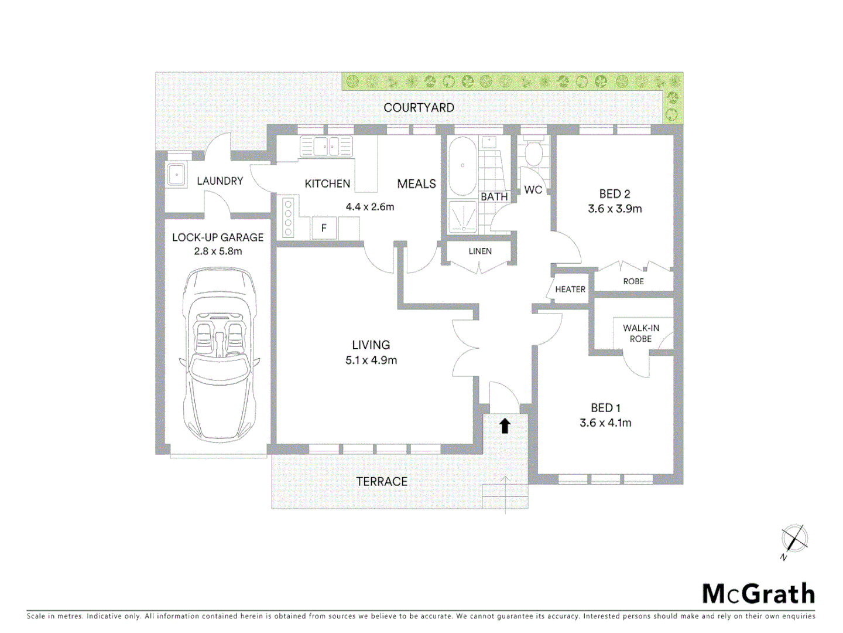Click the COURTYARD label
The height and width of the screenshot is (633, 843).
(x=419, y=108)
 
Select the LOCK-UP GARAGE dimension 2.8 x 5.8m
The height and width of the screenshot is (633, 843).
(x=218, y=251)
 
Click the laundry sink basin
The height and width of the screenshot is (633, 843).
(x=176, y=174)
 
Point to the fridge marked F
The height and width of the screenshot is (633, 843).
(x=324, y=228)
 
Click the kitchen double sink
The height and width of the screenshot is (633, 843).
(x=326, y=146)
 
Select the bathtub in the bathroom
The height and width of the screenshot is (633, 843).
(x=462, y=166)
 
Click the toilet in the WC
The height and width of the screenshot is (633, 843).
(x=533, y=154)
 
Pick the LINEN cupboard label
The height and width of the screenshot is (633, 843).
(x=480, y=251)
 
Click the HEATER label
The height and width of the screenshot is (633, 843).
(x=570, y=290)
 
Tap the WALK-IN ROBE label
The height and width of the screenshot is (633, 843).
(x=641, y=333)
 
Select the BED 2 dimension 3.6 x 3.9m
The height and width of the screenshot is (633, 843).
(x=615, y=209)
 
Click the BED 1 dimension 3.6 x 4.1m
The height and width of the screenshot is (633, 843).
(x=605, y=423)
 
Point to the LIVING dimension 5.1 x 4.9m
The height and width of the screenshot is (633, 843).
(x=371, y=360)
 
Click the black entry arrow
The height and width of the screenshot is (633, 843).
(x=505, y=426)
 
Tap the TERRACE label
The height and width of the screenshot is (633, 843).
(x=382, y=482)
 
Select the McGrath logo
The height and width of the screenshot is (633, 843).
(x=758, y=594)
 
